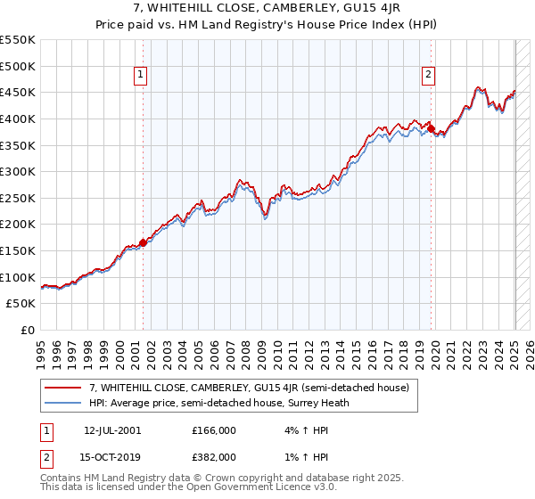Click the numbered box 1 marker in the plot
pos(143,76)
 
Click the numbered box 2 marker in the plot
pos(429,76)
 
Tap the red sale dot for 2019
pos(432,129)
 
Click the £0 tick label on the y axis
pos(29,331)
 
